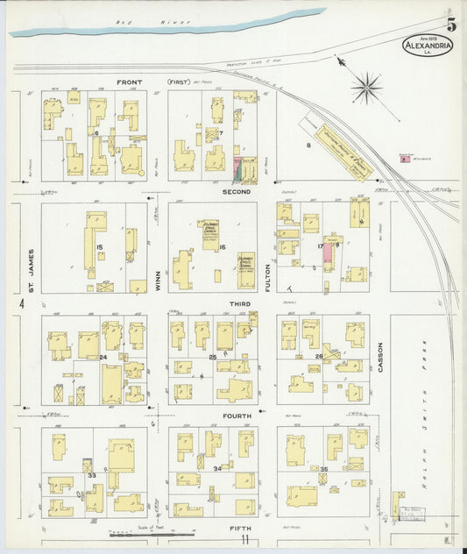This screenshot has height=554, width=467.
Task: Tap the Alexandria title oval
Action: [428, 46]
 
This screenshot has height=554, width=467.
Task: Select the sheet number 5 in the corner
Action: [451, 25]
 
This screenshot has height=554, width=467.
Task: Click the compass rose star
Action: [366, 87]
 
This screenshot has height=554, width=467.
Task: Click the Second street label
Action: [237, 191]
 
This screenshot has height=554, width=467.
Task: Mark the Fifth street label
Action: [239, 528]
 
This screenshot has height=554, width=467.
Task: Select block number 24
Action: [102, 357]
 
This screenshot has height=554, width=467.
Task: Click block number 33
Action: [91, 475]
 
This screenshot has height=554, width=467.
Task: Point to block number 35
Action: [323, 471]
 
